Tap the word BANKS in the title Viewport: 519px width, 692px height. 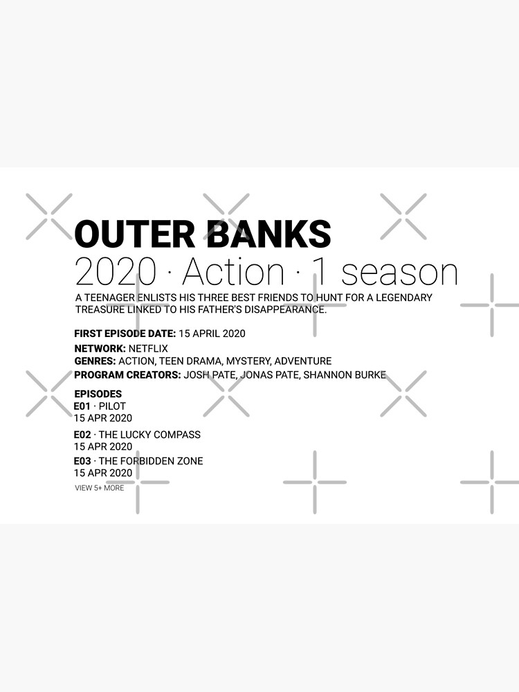coord(271,234)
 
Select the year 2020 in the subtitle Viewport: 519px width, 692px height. coord(116,273)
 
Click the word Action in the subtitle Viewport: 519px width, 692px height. coord(233,273)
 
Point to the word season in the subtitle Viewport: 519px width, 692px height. coord(399,273)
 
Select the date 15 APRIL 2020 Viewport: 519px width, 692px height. coord(212,334)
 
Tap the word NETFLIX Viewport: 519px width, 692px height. coord(148,349)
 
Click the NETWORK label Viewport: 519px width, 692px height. coord(100,349)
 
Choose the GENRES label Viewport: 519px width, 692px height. coord(95,361)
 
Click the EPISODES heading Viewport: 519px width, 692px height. coord(98,394)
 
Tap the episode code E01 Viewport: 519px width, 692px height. coord(82,406)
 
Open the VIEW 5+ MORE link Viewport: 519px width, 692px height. coord(100,488)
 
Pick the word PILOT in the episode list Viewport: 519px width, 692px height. coord(112,406)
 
